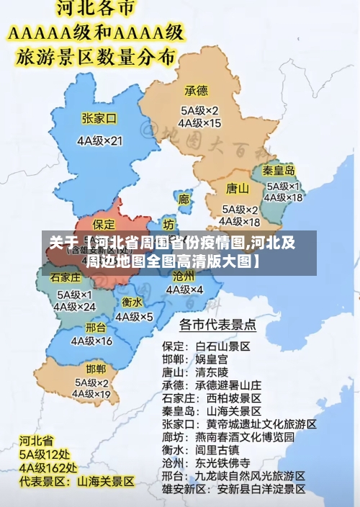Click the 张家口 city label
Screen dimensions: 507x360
[x=99, y=118]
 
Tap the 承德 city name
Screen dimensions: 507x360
[x=196, y=91]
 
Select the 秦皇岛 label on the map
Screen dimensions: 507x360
[x=278, y=171]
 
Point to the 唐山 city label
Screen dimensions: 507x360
[x=238, y=189]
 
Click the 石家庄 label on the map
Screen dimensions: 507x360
[x=66, y=277]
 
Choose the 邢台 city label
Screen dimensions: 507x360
[x=95, y=327]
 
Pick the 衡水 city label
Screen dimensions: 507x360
[x=132, y=302]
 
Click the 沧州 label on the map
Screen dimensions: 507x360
[x=184, y=276]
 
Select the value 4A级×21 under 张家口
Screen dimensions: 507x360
[x=100, y=140]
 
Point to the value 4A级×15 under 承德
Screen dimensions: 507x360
[x=199, y=123]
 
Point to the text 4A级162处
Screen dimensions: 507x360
[x=48, y=467]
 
